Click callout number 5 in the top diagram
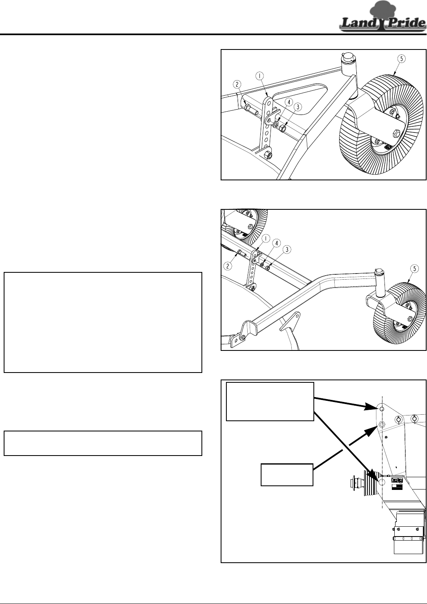click(x=401, y=59)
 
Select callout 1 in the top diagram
click(x=259, y=75)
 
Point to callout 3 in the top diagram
click(x=298, y=107)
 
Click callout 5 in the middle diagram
click(x=414, y=269)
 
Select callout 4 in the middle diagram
click(x=276, y=243)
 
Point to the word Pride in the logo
click(x=405, y=24)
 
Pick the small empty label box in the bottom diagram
click(x=287, y=474)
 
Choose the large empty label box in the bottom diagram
click(x=270, y=401)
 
